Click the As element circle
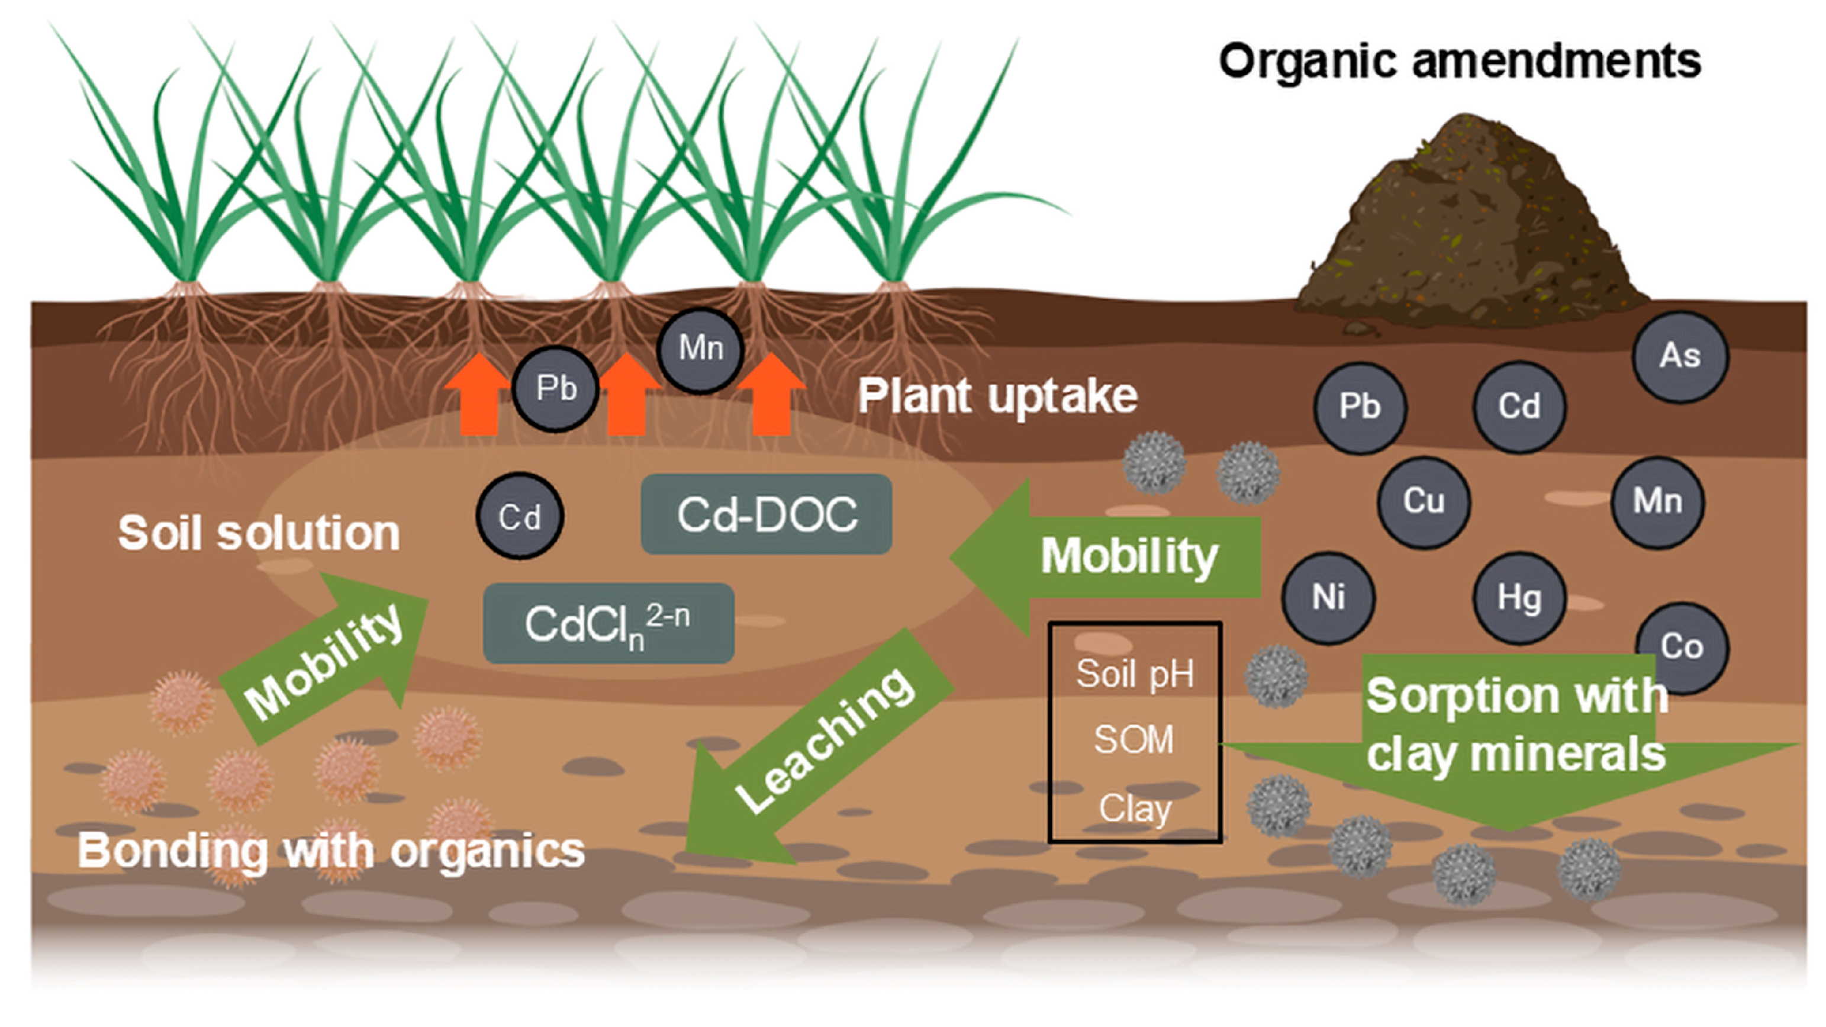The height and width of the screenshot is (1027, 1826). [x=1680, y=356]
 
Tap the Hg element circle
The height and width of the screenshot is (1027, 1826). [x=1519, y=597]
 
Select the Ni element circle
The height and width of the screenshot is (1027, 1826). [x=1328, y=597]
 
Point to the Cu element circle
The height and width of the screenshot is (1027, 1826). [x=1424, y=502]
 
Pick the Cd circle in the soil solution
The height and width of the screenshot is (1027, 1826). [x=520, y=516]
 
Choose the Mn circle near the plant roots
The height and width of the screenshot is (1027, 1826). [x=700, y=349]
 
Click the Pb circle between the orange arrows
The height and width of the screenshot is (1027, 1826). [x=556, y=388]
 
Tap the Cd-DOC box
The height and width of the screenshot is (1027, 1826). [x=767, y=514]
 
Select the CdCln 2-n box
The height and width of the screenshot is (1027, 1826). [x=608, y=623]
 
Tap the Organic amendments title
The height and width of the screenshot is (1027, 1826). [x=1459, y=61]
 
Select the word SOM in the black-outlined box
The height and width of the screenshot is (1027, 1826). [x=1134, y=740]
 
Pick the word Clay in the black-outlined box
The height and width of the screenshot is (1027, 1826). [x=1134, y=808]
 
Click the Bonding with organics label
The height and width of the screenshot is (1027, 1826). [x=330, y=851]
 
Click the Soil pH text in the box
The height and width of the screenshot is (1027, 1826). [x=1135, y=674]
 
